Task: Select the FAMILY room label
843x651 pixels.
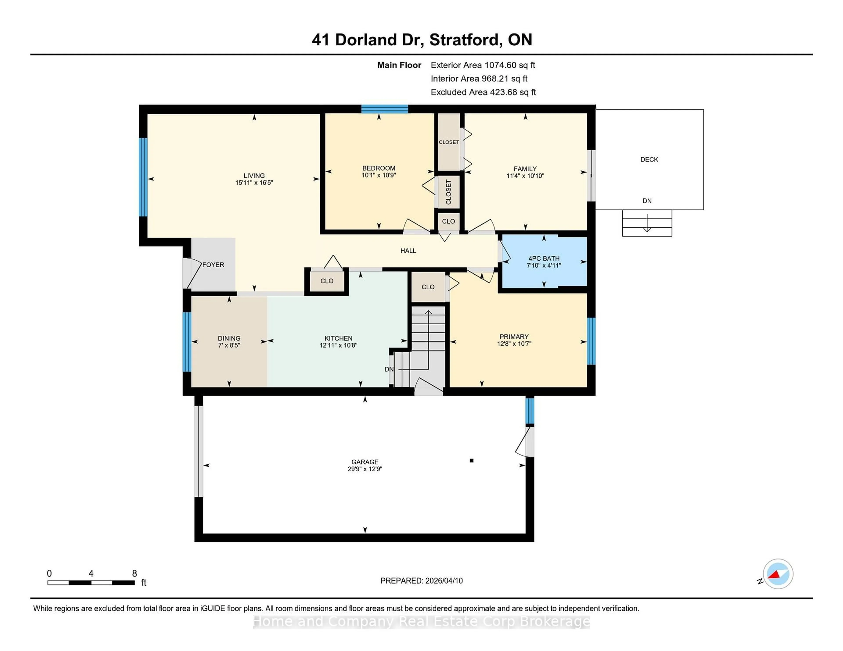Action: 525,169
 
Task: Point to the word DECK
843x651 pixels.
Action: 649,159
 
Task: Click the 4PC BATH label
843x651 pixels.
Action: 544,258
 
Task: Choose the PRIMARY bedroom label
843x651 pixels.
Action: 514,337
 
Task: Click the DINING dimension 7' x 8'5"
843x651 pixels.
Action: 229,345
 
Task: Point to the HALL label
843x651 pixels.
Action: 408,251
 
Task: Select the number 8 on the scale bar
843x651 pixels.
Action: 134,574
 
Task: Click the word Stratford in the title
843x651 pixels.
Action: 465,40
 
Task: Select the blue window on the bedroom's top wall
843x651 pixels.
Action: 384,109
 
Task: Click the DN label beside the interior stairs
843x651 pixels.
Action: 389,369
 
